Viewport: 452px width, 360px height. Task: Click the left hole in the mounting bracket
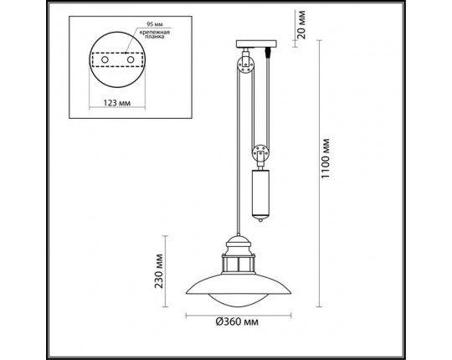coord(105,62)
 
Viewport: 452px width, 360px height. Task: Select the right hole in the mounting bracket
coord(130,61)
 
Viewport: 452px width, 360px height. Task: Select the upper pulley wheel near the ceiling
coord(245,64)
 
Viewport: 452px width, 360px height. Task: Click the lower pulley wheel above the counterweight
coord(261,155)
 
